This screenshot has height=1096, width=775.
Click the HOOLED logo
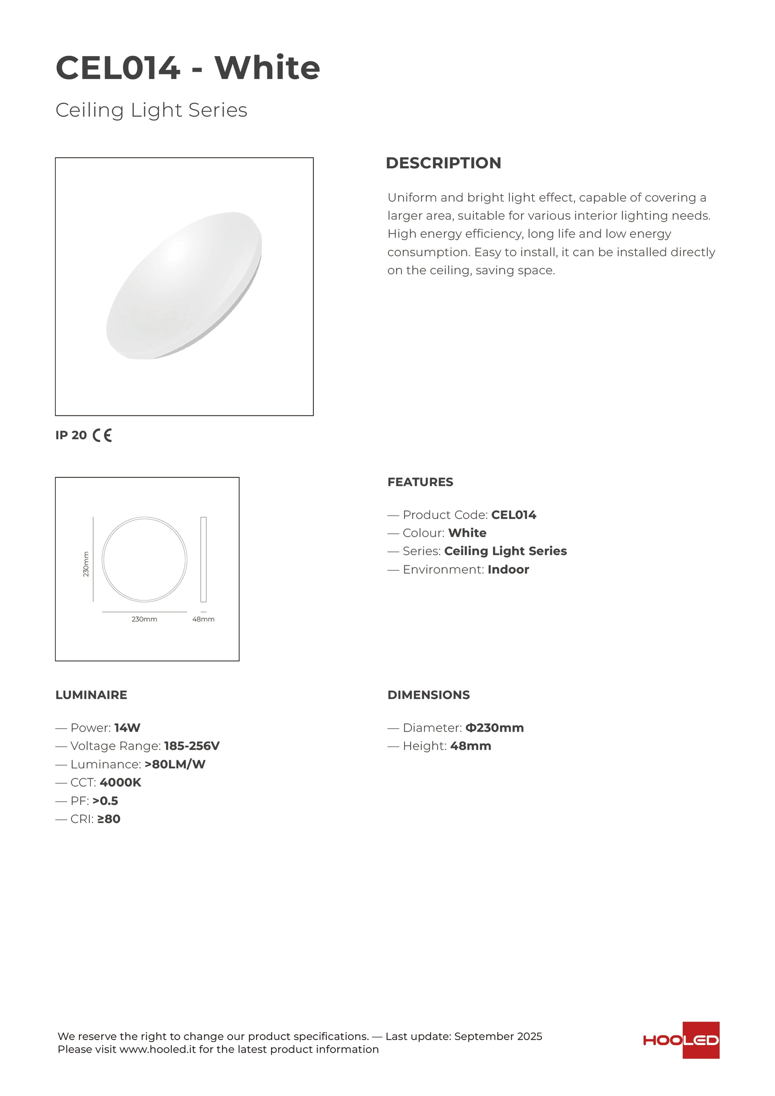[x=681, y=1040]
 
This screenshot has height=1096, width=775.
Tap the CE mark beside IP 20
[x=102, y=435]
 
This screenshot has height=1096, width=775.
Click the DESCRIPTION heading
[x=443, y=163]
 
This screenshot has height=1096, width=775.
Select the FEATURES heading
[x=420, y=482]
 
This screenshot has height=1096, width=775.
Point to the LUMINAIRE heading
[x=91, y=695]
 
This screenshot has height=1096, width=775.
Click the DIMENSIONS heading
[x=428, y=695]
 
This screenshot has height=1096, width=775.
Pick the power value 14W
[x=127, y=728]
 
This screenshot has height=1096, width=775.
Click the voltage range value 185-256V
[x=192, y=746]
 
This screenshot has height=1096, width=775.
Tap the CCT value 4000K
[x=120, y=783]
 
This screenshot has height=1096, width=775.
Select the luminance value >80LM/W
[x=175, y=765]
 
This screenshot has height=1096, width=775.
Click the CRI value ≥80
[x=108, y=819]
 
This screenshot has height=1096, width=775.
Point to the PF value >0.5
[x=105, y=801]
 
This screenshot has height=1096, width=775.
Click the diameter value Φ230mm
[x=494, y=728]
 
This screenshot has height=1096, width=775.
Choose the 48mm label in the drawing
[x=203, y=619]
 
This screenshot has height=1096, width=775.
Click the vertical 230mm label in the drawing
[x=86, y=564]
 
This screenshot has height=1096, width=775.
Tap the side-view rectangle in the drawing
[x=203, y=559]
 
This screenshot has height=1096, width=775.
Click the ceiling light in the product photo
[x=184, y=286]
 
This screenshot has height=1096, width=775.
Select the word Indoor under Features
[x=508, y=570]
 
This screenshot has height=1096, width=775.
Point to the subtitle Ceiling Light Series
[x=151, y=110]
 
